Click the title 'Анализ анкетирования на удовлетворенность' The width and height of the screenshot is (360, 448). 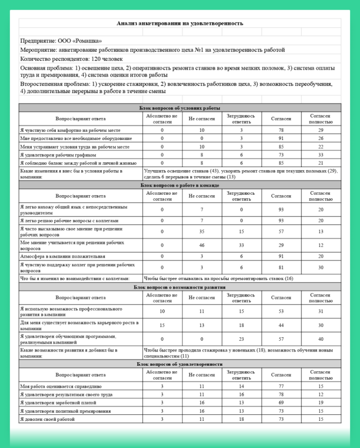coord(180,23)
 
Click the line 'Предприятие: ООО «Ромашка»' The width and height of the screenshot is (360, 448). coord(61,41)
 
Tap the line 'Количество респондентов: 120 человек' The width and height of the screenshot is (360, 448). coord(71,59)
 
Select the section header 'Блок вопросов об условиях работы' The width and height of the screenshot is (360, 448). coord(180,108)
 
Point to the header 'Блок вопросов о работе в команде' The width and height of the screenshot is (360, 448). coord(180,185)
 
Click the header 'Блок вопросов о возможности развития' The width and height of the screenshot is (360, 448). coord(180,287)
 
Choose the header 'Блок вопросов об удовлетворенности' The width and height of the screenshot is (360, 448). coord(180,364)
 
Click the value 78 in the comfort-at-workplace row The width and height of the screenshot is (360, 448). coord(281,130)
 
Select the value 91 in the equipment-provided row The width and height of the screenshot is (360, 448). coord(281,138)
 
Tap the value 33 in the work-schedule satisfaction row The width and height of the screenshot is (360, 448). coord(321,154)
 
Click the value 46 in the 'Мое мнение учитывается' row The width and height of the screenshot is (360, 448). coord(202,245)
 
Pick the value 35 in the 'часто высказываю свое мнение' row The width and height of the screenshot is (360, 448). coord(202,231)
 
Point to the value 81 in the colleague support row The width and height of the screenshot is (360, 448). coord(281,267)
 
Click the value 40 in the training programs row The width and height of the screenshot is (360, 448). coord(321,339)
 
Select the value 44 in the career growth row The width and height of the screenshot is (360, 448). coord(281,325)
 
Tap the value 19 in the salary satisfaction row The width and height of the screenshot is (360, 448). coord(321,402)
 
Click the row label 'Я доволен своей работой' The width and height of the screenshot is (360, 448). coord(48,420)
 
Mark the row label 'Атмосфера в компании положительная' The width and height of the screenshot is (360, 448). coord(63,256)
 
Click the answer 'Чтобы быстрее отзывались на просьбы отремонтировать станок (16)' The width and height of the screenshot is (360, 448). coord(219,278)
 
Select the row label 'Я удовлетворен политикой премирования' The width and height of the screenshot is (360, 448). coord(65,411)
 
